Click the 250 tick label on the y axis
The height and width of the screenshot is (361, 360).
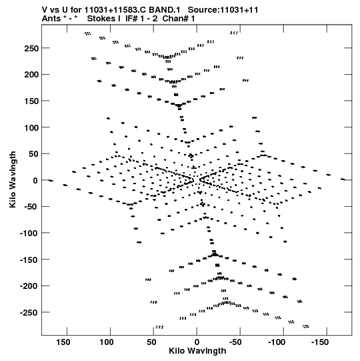point(31,49)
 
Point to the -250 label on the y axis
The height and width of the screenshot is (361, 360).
point(29,313)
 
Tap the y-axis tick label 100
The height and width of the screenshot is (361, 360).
point(31,127)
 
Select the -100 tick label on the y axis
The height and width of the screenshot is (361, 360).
point(29,234)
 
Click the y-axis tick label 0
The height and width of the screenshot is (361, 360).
point(35,180)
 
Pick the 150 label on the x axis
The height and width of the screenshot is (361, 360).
point(63,342)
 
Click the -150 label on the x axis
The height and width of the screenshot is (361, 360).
point(320,342)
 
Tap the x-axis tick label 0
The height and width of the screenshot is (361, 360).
point(197,342)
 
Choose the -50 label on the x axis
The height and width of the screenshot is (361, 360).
point(235,342)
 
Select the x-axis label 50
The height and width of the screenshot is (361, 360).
point(151,342)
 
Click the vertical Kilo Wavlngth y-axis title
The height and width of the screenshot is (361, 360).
point(13,179)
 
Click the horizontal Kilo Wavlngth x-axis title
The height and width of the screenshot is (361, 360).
point(197,351)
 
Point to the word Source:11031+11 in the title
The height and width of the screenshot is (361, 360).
point(223,10)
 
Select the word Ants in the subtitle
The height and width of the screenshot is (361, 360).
point(51,19)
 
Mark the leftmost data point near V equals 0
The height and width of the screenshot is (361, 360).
point(51,180)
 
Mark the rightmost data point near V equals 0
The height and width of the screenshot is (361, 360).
point(343,179)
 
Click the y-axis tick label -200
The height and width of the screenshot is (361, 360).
point(29,286)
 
